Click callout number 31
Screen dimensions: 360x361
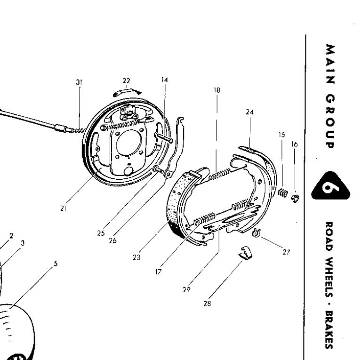(79, 82)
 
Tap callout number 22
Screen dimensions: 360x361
(126, 80)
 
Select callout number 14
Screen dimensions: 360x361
(164, 80)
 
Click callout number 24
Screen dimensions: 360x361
(249, 112)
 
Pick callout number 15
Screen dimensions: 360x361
(281, 134)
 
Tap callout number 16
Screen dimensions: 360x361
(295, 145)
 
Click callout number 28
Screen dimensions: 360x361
(206, 304)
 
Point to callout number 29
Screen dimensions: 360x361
(186, 291)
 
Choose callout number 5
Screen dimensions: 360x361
(56, 264)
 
